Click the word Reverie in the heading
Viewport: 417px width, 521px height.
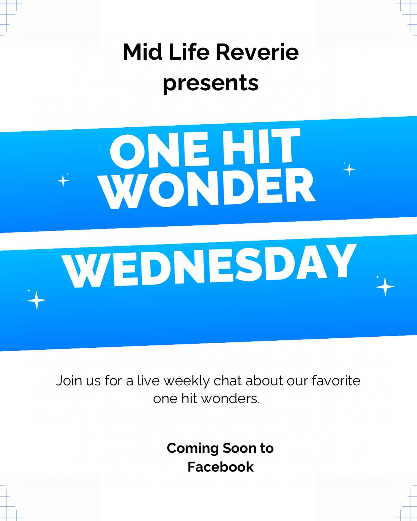257,52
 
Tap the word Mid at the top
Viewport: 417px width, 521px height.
142,52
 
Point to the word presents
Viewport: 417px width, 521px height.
211,83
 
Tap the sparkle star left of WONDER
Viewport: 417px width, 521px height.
63,181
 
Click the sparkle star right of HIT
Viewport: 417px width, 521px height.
349,169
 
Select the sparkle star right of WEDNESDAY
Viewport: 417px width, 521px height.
385,287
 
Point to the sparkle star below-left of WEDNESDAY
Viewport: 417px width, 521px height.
36,300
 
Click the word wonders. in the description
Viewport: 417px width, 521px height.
231,399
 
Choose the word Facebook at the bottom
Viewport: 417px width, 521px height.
220,467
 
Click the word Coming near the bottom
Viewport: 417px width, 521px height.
193,449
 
